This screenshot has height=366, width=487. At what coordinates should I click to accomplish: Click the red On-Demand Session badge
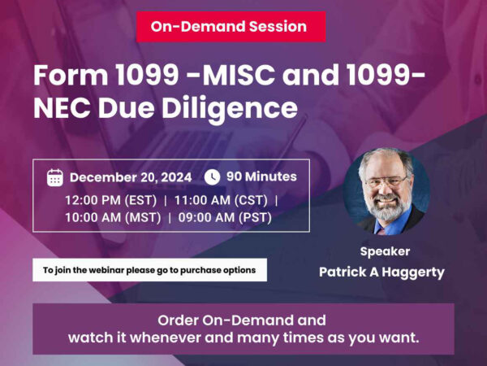[x=229, y=27]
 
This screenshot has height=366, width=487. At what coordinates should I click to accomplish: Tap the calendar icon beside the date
[x=55, y=177]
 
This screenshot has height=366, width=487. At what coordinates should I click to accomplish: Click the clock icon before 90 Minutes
[x=212, y=176]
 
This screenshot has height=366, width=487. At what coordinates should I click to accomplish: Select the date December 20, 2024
[x=131, y=177]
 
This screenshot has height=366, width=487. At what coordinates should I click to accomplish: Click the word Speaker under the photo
[x=385, y=251]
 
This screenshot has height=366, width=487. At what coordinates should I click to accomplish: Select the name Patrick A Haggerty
[x=385, y=272]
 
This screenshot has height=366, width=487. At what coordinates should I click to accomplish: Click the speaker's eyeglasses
[x=386, y=181]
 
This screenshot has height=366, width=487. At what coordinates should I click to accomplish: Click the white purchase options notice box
[x=149, y=270]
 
